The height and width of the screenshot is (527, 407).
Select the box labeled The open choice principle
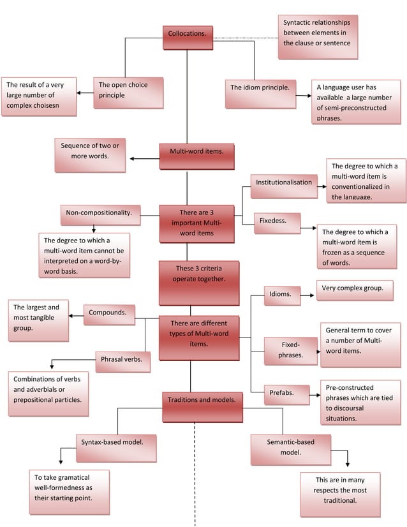(x=128, y=92)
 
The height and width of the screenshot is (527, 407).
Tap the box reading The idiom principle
(x=260, y=93)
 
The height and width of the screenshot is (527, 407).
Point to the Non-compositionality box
(x=100, y=215)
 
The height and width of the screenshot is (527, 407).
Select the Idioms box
(x=281, y=296)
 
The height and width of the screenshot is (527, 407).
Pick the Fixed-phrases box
(x=290, y=351)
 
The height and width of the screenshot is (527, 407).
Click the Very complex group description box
(x=352, y=290)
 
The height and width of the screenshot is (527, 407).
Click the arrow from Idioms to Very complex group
(x=309, y=295)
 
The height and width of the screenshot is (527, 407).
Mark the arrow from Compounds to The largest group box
(x=76, y=315)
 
